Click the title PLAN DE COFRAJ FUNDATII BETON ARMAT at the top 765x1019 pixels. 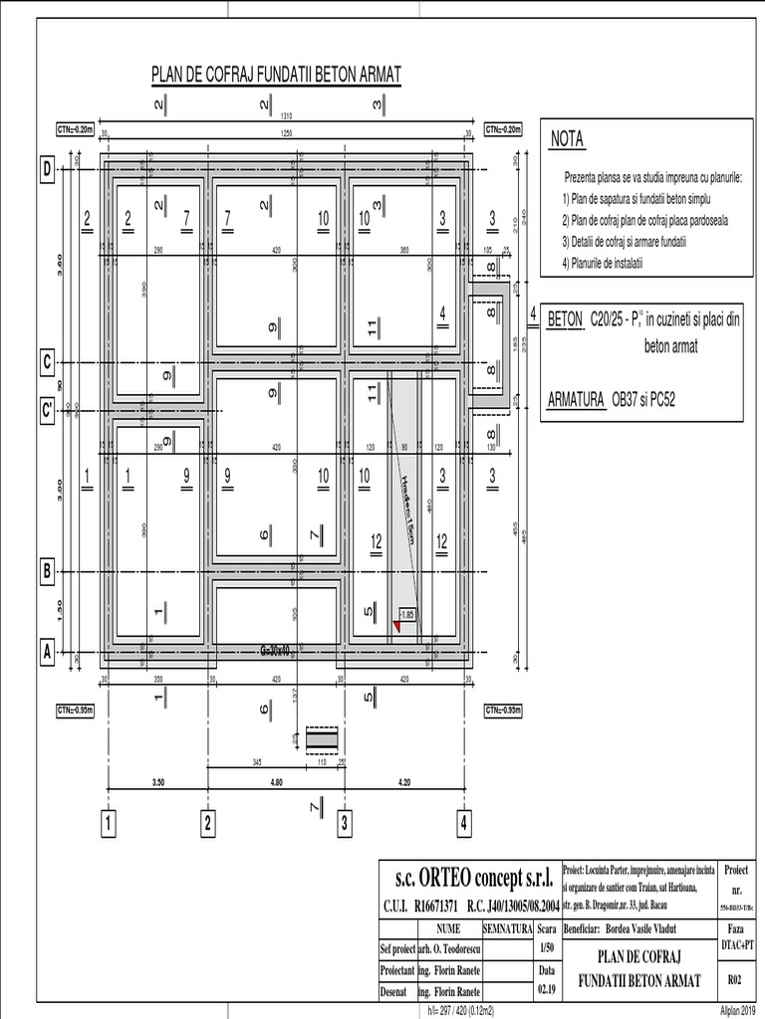pos(274,74)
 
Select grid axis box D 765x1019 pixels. pos(45,171)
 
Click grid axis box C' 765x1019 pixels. pos(45,408)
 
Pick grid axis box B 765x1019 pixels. pos(45,572)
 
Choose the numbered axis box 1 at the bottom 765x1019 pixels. pos(109,823)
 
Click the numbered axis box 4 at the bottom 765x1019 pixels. pos(464,823)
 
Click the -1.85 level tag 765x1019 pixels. pos(407,615)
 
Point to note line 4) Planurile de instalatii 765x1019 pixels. pos(618,262)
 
